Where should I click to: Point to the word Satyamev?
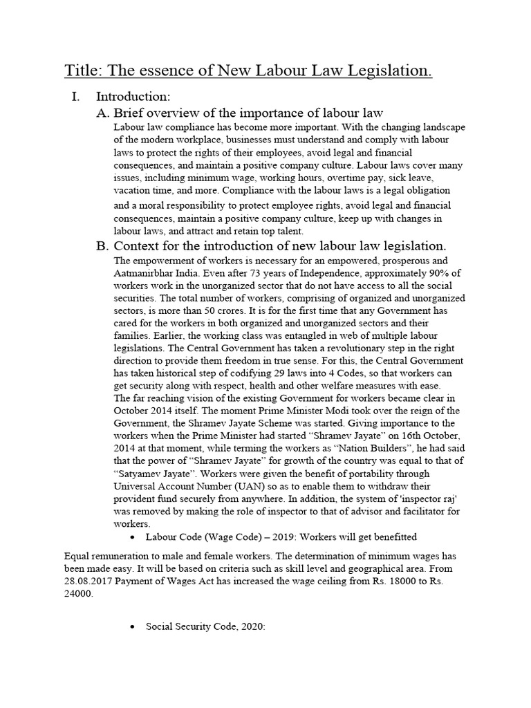pos(139,474)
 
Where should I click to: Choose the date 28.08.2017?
pos(88,581)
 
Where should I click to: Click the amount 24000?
pos(77,593)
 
